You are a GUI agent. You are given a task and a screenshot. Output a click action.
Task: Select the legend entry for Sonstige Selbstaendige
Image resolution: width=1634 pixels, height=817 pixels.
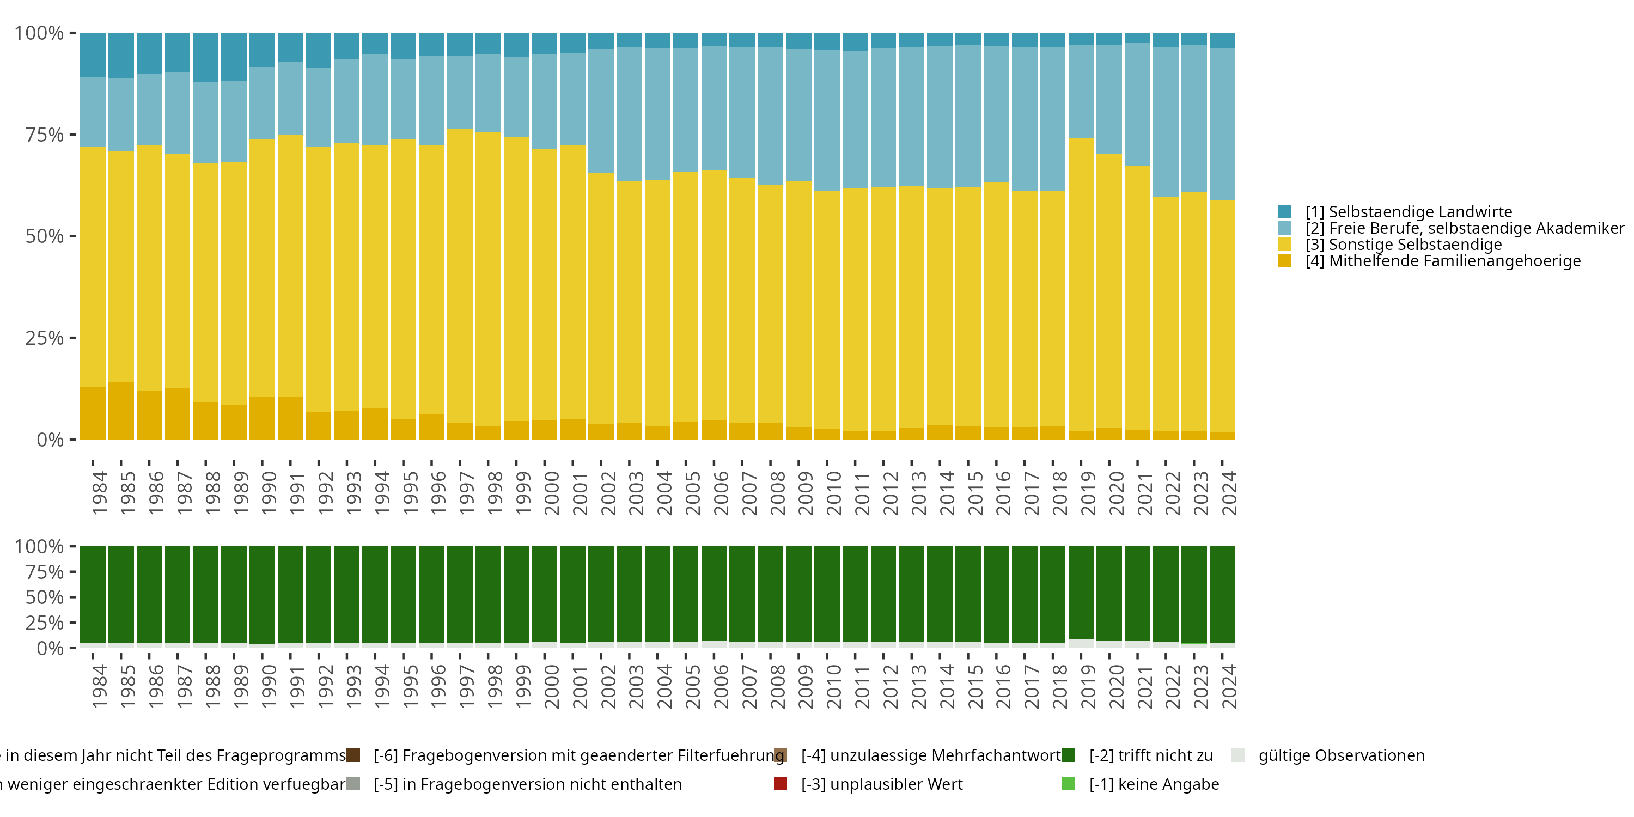click(x=1403, y=245)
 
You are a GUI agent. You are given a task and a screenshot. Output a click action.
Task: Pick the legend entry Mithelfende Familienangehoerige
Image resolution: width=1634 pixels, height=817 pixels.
click(x=1442, y=261)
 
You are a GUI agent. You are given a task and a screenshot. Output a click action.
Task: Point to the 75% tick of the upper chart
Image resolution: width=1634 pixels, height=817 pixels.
click(x=72, y=135)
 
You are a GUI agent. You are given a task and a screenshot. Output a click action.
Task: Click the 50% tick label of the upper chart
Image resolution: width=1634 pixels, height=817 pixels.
click(x=45, y=236)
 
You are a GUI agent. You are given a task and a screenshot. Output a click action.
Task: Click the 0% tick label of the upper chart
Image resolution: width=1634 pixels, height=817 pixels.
click(x=50, y=440)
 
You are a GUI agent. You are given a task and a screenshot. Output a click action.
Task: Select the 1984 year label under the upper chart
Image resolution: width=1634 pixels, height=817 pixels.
click(x=100, y=493)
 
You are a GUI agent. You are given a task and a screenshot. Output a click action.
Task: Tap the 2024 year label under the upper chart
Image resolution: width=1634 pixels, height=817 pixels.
click(x=1229, y=493)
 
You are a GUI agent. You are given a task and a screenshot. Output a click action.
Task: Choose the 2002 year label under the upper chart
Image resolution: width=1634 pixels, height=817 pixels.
click(x=608, y=493)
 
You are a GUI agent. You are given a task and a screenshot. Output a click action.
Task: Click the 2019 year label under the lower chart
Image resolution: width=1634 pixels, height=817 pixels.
click(x=1088, y=686)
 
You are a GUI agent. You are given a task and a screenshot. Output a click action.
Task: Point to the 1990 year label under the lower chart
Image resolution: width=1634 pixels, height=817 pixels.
click(x=269, y=686)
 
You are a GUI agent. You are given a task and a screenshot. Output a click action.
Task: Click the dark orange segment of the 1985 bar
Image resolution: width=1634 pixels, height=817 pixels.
click(x=121, y=411)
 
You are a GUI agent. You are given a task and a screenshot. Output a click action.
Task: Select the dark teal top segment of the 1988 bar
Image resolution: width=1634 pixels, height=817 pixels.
click(x=205, y=57)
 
